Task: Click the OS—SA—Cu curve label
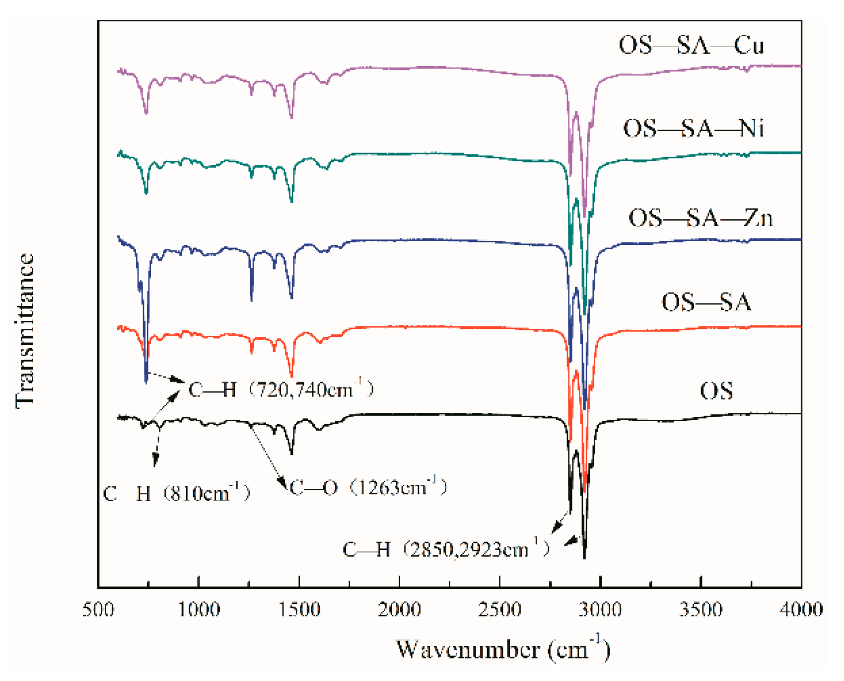pyautogui.click(x=691, y=45)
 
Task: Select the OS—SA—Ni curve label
pyautogui.click(x=693, y=129)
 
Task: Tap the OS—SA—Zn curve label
pyautogui.click(x=701, y=218)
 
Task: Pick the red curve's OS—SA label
pyautogui.click(x=706, y=302)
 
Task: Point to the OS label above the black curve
pyautogui.click(x=716, y=391)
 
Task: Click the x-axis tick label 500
pyautogui.click(x=98, y=609)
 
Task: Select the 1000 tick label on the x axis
pyautogui.click(x=199, y=609)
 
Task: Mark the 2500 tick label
pyautogui.click(x=500, y=609)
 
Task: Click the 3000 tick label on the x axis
pyautogui.click(x=600, y=609)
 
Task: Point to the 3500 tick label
pyautogui.click(x=701, y=609)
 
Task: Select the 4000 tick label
pyautogui.click(x=800, y=609)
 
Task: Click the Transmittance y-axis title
pyautogui.click(x=25, y=330)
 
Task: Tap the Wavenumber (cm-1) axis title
pyautogui.click(x=503, y=649)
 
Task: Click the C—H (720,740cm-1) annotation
pyautogui.click(x=281, y=389)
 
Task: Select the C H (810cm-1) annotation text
pyautogui.click(x=176, y=494)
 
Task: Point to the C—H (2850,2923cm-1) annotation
pyautogui.click(x=446, y=549)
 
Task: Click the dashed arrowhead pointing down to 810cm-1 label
pyautogui.click(x=155, y=462)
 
